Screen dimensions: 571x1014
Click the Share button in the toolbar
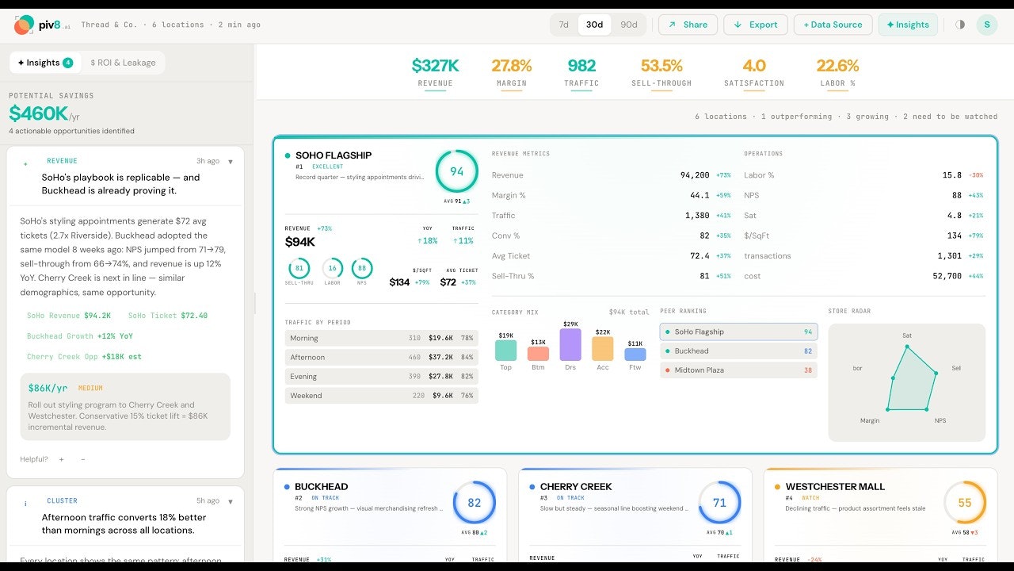click(x=688, y=25)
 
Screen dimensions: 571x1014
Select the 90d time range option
click(x=628, y=25)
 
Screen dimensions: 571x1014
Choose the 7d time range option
click(x=563, y=25)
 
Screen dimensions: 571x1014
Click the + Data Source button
click(x=833, y=25)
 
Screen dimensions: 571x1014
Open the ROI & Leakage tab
click(x=123, y=63)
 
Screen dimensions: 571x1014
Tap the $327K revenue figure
click(x=435, y=66)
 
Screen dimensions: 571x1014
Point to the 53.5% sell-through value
click(x=661, y=66)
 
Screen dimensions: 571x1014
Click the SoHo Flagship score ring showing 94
click(x=456, y=171)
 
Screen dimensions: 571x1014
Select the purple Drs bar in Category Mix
click(x=570, y=345)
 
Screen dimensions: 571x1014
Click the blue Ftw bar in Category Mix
click(x=635, y=354)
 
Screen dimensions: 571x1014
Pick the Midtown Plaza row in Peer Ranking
click(x=738, y=370)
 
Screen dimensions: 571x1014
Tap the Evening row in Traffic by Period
click(x=381, y=377)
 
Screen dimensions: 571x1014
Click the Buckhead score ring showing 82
click(x=474, y=503)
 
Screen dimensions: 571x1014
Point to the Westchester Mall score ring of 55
click(x=964, y=503)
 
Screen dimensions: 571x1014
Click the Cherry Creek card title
click(x=576, y=486)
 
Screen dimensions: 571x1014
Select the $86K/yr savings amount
click(x=48, y=389)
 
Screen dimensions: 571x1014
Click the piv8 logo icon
click(x=25, y=25)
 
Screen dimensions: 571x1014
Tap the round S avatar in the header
click(x=986, y=25)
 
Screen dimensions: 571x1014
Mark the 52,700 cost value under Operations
click(x=947, y=276)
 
